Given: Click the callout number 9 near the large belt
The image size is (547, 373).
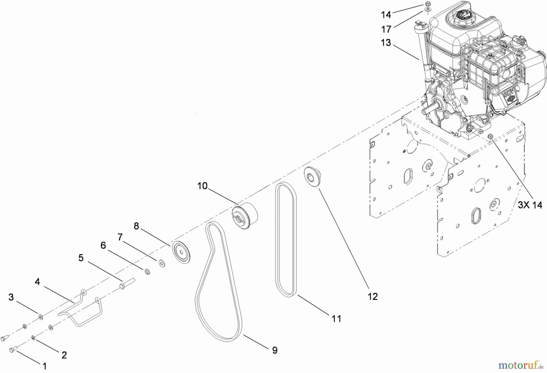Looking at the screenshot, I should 274,350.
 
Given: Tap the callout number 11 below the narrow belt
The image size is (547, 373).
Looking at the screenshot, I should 336,319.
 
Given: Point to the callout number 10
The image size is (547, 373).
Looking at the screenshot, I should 202,186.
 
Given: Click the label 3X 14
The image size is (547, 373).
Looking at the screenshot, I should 530,205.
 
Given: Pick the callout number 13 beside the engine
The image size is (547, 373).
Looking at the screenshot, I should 386,43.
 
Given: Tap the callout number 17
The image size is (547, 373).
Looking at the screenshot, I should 386,30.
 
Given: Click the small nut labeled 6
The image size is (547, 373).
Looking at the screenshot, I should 147,271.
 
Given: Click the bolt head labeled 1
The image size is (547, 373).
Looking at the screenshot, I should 13,350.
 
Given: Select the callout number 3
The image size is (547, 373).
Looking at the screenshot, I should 11,297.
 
